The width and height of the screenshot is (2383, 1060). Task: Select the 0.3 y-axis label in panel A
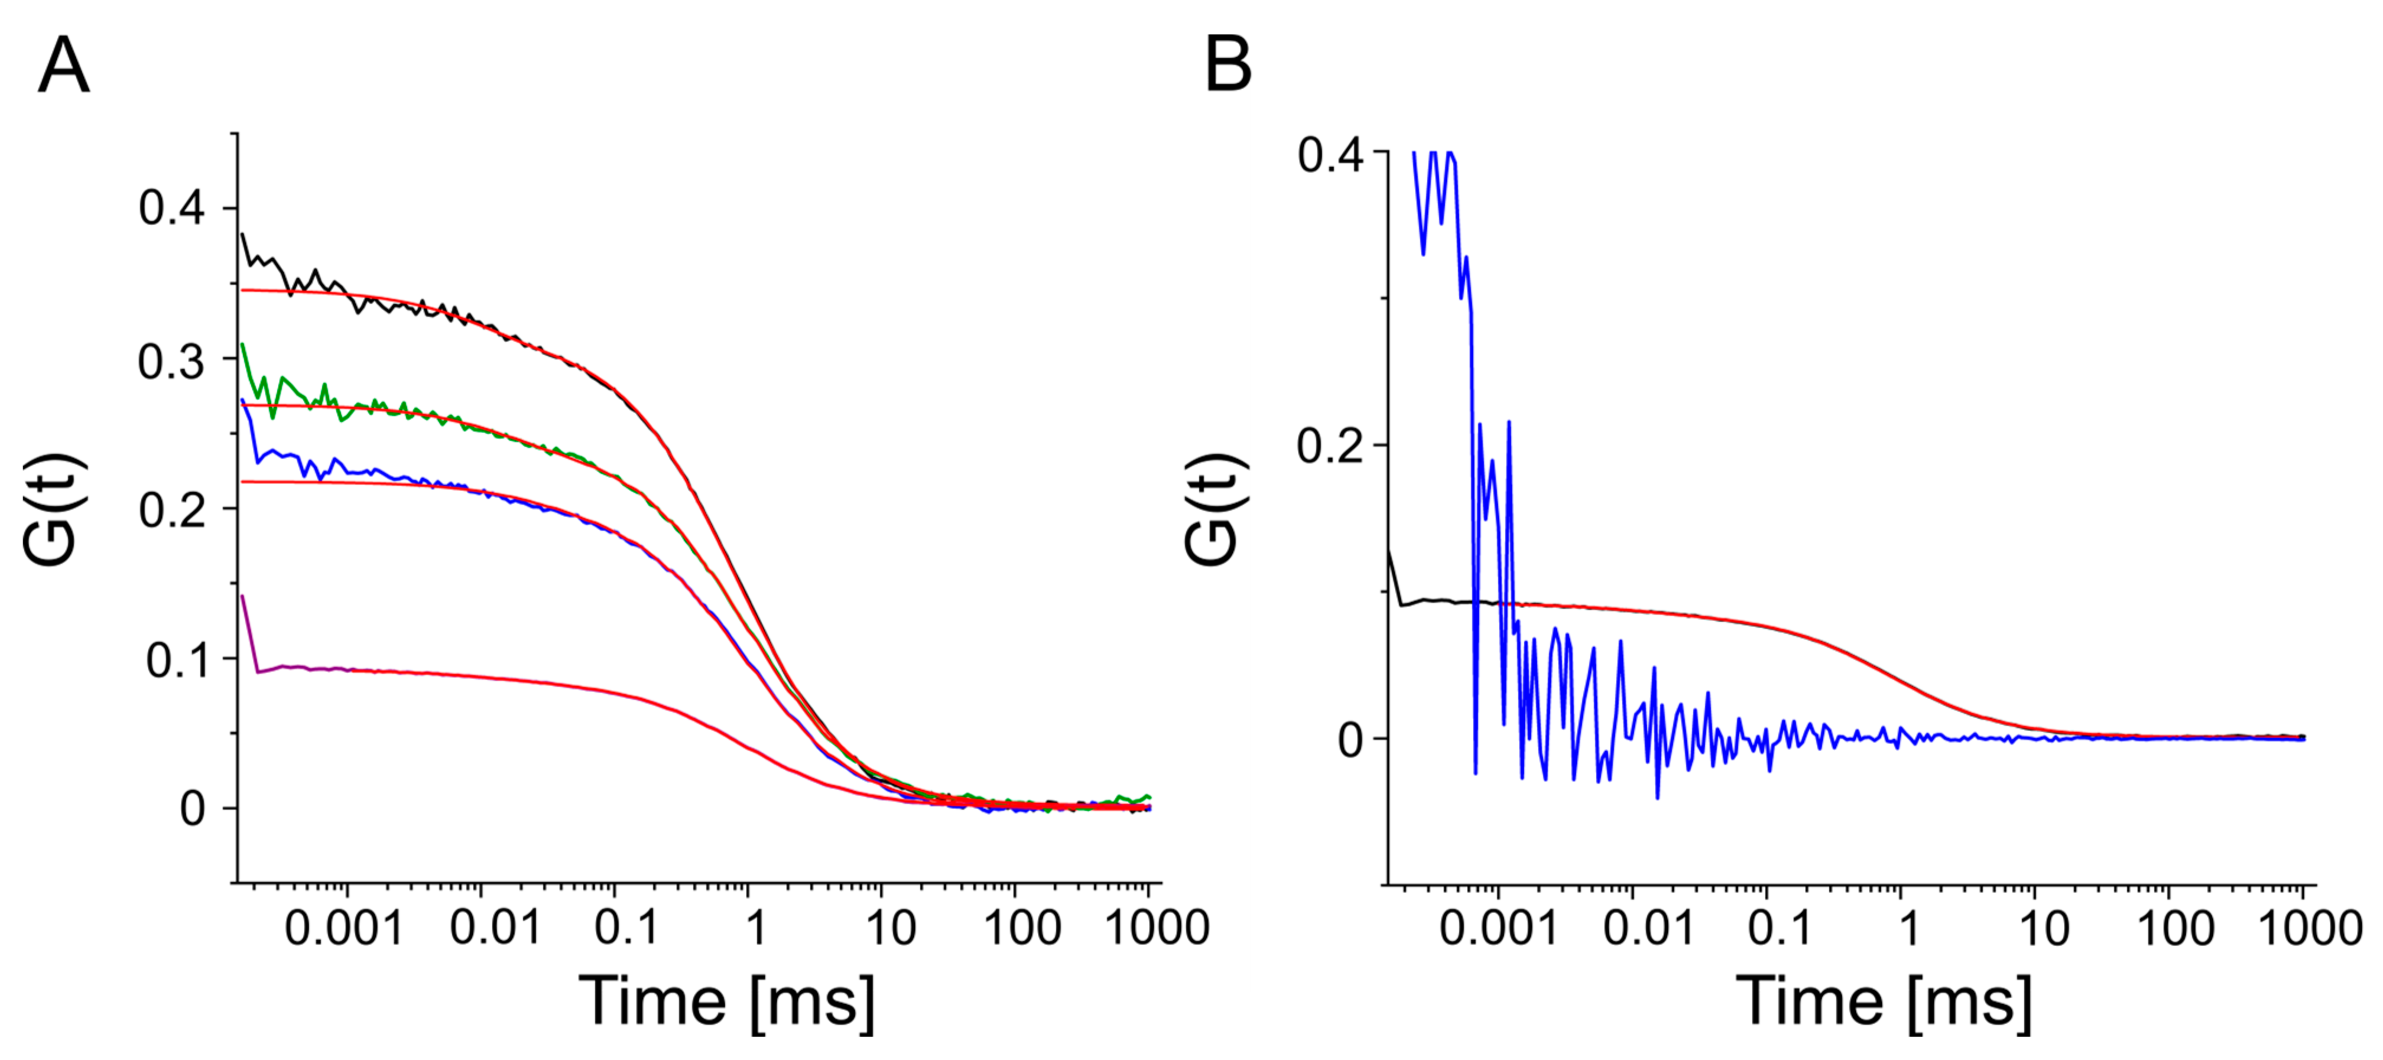click(172, 362)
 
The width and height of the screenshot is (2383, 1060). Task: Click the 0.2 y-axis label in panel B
click(1330, 446)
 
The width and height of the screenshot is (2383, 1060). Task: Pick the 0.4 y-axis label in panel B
click(1330, 154)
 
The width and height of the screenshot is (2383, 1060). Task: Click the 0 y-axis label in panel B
click(1350, 740)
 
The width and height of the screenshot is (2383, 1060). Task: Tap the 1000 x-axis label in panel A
click(1157, 927)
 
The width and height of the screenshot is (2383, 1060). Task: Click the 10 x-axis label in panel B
click(2044, 928)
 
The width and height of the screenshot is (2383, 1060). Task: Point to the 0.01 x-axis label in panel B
click(1648, 928)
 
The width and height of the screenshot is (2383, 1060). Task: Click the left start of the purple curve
click(242, 597)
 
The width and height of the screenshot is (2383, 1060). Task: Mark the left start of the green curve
click(242, 345)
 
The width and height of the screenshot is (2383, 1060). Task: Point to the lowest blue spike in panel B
click(1656, 797)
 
